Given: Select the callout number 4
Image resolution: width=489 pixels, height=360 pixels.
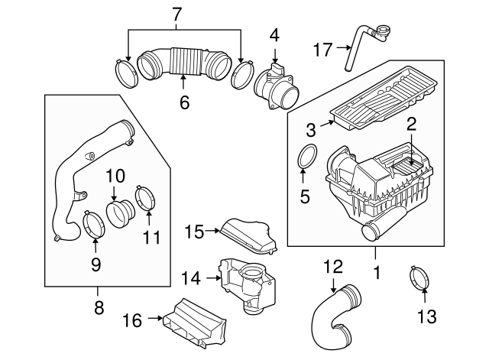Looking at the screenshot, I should point(274,34).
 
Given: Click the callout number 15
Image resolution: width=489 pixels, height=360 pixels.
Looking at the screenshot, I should point(193,230).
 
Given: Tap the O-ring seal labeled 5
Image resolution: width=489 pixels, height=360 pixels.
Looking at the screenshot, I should point(306,157).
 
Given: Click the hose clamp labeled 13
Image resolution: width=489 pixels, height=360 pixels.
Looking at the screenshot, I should point(420,278).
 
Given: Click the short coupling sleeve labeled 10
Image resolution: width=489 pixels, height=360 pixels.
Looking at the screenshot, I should point(119,212).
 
